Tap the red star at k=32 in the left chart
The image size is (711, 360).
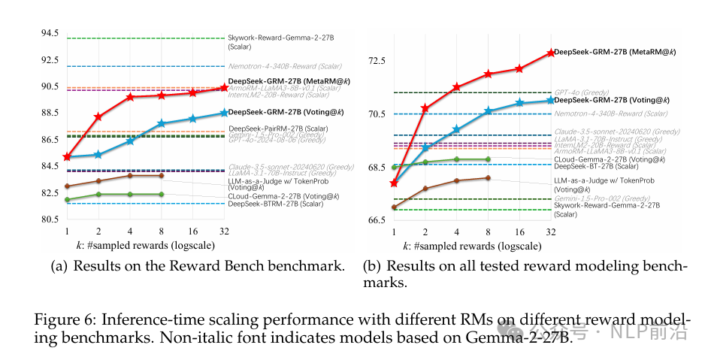[x=224, y=88]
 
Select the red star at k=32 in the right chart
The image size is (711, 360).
[x=551, y=53]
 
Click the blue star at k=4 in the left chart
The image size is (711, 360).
[x=130, y=141]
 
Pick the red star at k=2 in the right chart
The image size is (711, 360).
[x=425, y=108]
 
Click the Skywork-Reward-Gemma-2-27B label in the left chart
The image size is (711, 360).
[x=281, y=38]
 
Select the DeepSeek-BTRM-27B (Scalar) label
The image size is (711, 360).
[x=275, y=204]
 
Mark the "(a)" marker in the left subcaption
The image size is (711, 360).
[x=59, y=266]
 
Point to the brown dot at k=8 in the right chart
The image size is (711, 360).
[x=488, y=178]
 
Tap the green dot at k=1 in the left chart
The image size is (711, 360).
[x=67, y=200]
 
